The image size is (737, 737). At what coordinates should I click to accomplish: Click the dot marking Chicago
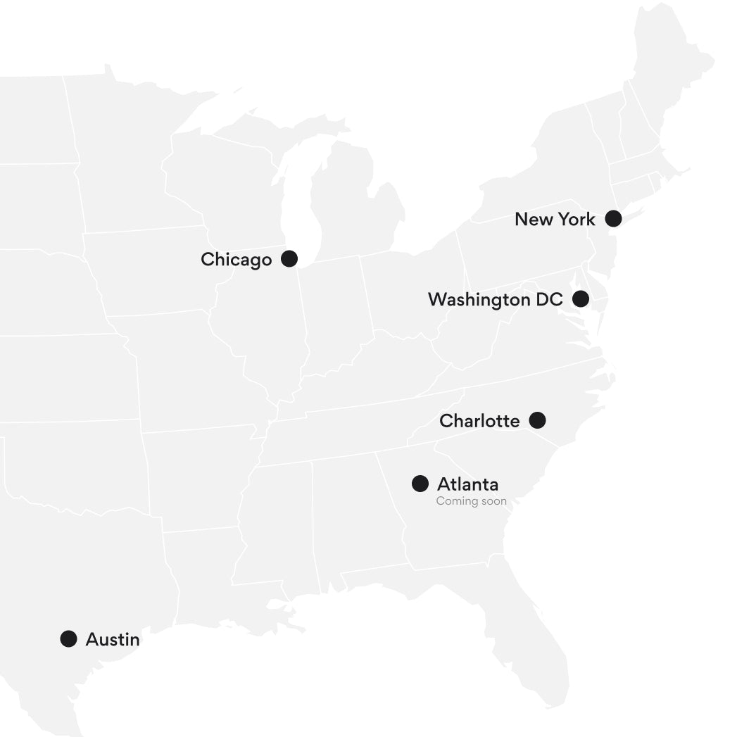289,259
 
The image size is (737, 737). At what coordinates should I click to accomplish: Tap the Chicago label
236,260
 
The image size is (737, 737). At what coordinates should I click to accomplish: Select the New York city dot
614,218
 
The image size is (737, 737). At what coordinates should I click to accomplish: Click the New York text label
555,219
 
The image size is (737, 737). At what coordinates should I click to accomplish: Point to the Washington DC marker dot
581,299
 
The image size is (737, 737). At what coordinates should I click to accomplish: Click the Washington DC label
495,300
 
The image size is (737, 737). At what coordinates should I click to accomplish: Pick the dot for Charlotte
537,420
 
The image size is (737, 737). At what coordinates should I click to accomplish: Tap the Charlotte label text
479,421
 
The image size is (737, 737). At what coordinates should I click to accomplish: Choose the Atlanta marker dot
420,484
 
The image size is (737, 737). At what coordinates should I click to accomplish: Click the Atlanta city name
467,484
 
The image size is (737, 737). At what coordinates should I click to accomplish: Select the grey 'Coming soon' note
471,501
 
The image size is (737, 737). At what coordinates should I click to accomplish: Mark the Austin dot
68,639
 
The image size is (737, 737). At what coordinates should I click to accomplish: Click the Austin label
113,640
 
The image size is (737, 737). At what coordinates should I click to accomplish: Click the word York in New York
577,219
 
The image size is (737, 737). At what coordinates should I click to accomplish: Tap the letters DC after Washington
549,300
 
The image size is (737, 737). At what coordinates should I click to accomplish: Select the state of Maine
669,70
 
